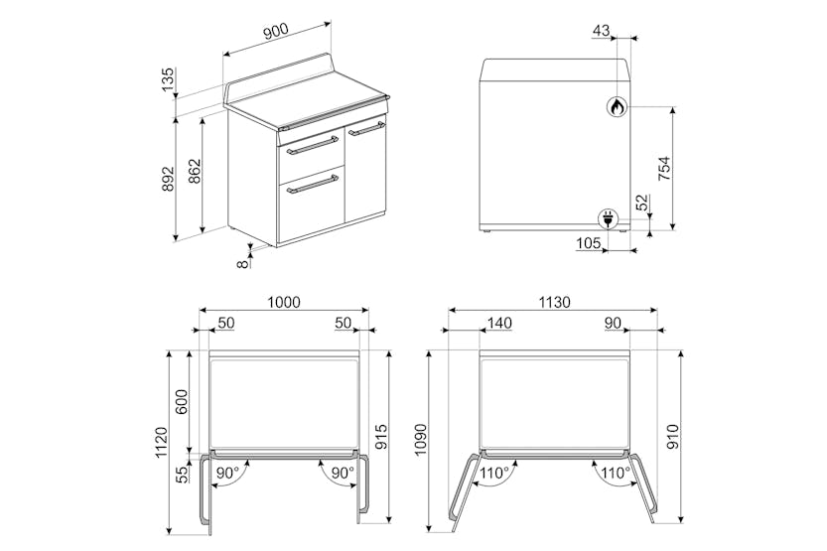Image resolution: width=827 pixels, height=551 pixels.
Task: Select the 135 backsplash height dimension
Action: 168,79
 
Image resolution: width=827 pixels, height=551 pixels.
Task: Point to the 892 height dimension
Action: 168,178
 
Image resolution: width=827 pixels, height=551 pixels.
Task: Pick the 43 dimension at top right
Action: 601,31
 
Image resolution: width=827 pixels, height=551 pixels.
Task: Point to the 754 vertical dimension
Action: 663,169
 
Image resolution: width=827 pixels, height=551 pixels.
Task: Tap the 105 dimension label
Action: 589,243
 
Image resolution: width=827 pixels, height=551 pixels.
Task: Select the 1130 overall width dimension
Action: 553,302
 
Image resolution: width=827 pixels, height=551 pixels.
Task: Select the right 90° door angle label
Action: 342,474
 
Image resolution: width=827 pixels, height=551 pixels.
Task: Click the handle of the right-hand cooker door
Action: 367,128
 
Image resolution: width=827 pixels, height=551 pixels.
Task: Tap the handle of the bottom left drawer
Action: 312,184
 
